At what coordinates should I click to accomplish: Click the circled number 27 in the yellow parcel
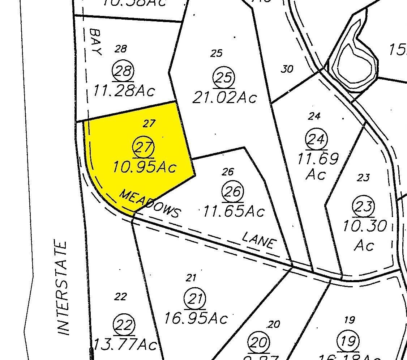coord(144,148)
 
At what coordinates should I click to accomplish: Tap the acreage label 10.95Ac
coord(145,167)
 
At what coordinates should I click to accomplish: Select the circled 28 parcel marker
coord(123,71)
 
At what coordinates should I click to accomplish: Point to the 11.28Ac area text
coord(124,90)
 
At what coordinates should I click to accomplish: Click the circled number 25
coord(224,78)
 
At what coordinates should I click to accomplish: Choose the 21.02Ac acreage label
coord(224,97)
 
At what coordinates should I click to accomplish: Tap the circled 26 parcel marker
coord(233,191)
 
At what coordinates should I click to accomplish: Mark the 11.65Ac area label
coord(234,211)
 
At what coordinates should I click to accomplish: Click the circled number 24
coord(317,139)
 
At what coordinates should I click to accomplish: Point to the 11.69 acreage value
coord(318,158)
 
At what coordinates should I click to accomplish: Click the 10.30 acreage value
coord(364,226)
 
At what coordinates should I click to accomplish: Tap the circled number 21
coord(195,300)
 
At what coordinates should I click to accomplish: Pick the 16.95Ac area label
coord(196,318)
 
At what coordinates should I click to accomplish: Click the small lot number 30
coord(287,69)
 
